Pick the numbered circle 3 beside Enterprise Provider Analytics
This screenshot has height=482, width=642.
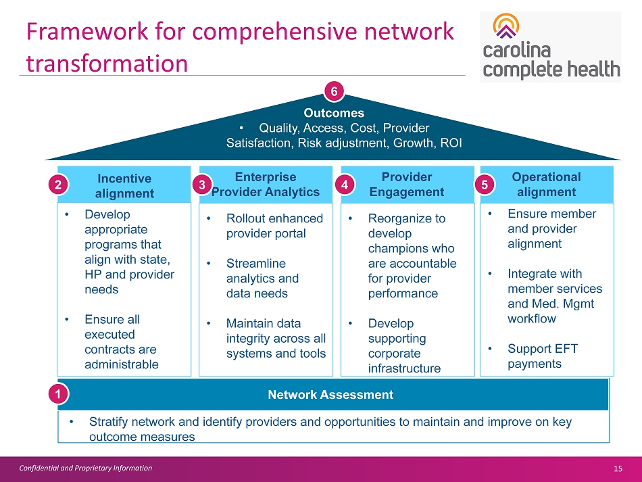click(201, 184)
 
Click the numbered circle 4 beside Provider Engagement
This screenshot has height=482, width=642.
click(345, 184)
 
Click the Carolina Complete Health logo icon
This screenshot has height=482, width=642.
click(506, 28)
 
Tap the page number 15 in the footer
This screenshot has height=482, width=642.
click(618, 468)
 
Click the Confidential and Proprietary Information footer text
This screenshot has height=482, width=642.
click(85, 468)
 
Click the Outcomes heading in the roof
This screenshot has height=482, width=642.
click(333, 113)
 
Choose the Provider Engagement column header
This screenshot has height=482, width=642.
click(407, 184)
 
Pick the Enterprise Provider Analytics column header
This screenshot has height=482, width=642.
click(266, 184)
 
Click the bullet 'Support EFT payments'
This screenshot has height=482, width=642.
click(534, 356)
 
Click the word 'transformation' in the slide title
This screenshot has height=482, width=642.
click(107, 63)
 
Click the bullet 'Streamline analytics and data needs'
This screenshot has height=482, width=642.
click(262, 279)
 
